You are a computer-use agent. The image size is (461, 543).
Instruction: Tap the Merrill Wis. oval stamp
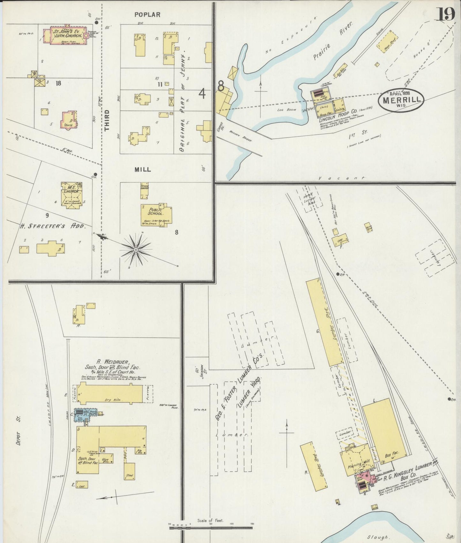click(x=401, y=100)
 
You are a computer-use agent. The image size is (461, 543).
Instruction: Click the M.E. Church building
click(x=71, y=195)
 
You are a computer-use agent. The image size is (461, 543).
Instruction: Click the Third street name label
click(x=107, y=120)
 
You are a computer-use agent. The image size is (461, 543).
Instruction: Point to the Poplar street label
click(x=147, y=15)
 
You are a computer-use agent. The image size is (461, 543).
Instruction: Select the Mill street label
click(x=143, y=170)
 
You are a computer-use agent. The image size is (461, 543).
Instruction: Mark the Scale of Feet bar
click(x=211, y=528)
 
